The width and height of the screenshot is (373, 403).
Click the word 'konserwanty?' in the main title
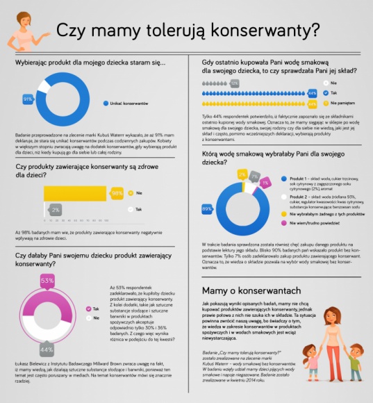(x=272, y=31)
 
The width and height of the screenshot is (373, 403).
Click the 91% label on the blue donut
(x=28, y=99)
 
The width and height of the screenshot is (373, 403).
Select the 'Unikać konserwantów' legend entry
(x=131, y=103)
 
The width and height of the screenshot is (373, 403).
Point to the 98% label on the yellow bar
(x=117, y=192)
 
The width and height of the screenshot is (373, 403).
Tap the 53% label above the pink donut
(x=48, y=280)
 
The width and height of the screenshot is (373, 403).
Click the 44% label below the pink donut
(x=47, y=349)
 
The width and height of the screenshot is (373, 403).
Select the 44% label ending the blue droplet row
(x=312, y=92)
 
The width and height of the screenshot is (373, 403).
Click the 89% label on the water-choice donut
(x=206, y=209)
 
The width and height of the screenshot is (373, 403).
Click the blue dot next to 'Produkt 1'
(x=284, y=179)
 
